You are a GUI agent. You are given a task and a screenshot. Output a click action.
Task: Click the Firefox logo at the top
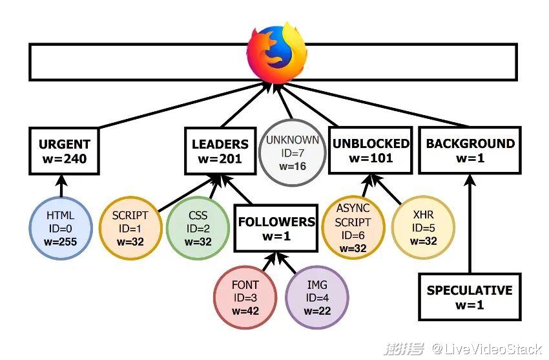276,51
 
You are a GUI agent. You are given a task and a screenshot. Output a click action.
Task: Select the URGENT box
64,151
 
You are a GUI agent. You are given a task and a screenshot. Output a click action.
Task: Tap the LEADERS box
220,151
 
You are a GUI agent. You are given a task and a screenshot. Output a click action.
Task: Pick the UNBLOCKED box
370,151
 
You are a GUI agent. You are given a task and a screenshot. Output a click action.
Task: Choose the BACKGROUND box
470,151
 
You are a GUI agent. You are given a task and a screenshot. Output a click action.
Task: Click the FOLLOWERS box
276,228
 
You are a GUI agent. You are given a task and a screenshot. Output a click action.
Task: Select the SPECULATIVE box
470,297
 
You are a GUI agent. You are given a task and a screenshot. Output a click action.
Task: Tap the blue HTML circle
61,229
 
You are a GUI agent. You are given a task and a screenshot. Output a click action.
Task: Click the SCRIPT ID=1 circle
130,229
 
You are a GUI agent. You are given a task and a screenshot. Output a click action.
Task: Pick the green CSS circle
198,229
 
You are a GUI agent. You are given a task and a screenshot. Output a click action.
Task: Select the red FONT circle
245,298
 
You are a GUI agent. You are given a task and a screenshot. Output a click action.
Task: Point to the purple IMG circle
317,298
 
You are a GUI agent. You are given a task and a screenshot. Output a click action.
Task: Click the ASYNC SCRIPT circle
353,228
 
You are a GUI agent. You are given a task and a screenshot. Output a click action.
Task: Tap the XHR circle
424,228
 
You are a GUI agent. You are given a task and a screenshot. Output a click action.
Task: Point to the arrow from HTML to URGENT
63,187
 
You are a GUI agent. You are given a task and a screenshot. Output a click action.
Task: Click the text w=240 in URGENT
64,159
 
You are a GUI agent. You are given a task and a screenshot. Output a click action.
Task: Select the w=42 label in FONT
245,312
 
